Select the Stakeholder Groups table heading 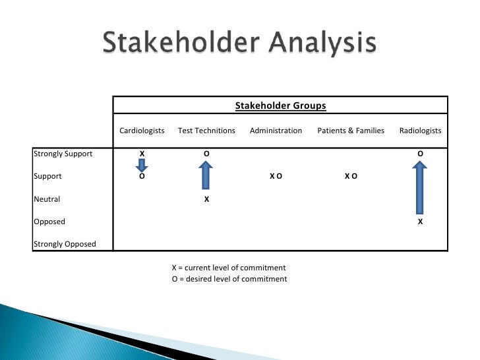tap(281, 105)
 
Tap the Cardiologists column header tap(142, 131)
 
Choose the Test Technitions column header tap(206, 131)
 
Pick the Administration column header tap(276, 131)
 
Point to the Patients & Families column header tap(351, 131)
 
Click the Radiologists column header tap(420, 131)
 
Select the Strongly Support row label tap(63, 154)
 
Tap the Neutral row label tap(47, 198)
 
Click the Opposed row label tap(49, 222)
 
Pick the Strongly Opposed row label tap(65, 244)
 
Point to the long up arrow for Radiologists tap(420, 189)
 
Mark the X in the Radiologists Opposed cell tap(420, 222)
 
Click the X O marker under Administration tap(276, 176)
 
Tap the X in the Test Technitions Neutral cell tap(206, 198)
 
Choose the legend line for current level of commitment tap(229, 268)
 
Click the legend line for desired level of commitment tap(229, 279)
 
